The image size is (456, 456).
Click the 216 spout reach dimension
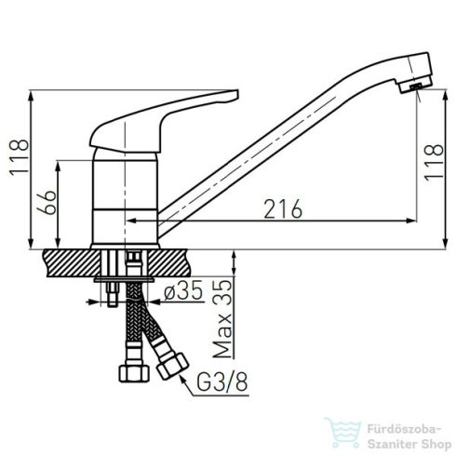(x=283, y=208)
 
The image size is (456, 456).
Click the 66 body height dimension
(x=47, y=203)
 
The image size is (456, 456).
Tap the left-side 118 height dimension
(x=20, y=158)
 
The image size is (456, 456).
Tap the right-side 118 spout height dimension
(x=434, y=162)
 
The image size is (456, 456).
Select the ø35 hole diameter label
(x=183, y=290)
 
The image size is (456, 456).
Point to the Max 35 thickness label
(x=222, y=319)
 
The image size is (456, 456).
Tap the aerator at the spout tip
(x=415, y=87)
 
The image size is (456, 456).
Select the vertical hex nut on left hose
(x=134, y=373)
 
